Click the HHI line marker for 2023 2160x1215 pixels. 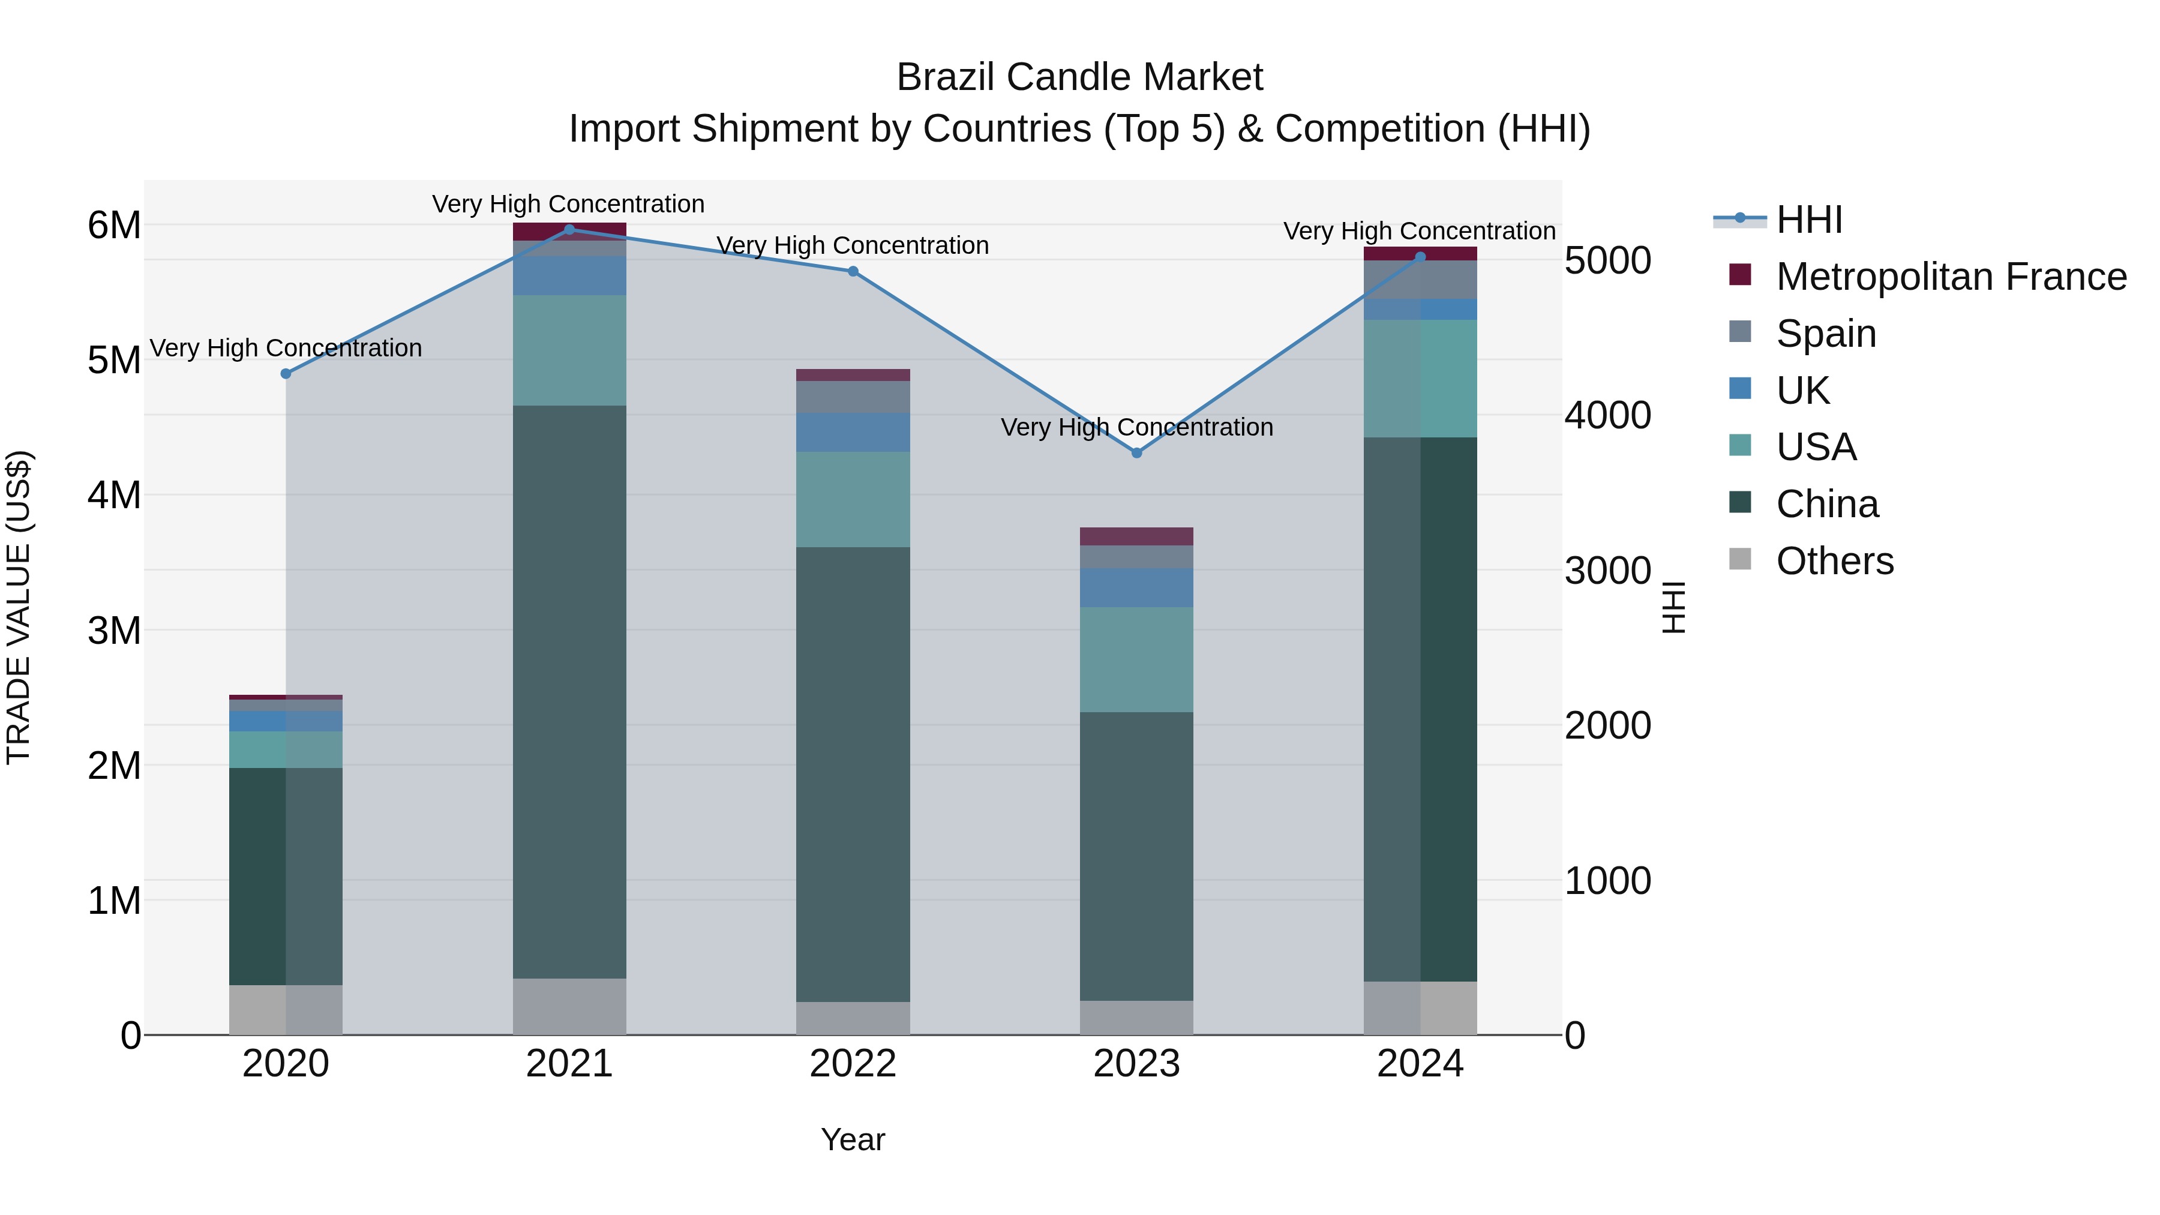tap(1136, 453)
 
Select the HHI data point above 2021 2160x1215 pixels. tap(569, 230)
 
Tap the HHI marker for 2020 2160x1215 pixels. tap(286, 374)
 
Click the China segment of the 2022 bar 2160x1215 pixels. tap(853, 774)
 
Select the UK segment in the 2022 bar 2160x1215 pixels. tap(853, 432)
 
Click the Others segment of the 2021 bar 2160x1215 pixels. tap(569, 1006)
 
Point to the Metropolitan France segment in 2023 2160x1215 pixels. tap(1136, 536)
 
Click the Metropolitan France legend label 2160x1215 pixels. tap(1951, 277)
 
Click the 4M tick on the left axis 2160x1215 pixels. tap(114, 495)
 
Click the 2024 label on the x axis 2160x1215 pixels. tap(1420, 1064)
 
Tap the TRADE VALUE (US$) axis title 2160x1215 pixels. tap(19, 607)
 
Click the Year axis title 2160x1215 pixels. tap(853, 1139)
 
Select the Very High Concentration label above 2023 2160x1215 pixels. tap(1136, 428)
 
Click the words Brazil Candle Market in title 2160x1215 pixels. tap(1079, 77)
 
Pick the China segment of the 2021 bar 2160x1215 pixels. tap(569, 692)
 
